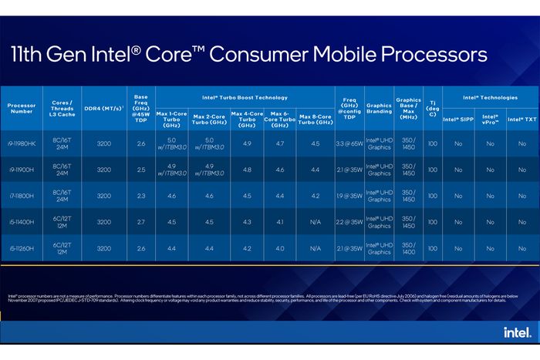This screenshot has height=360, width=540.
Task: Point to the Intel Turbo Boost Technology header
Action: coord(245,98)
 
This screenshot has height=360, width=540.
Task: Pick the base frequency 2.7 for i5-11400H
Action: coord(140,222)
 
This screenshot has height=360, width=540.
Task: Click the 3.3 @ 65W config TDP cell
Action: coord(348,143)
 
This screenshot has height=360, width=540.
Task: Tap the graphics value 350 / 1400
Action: coord(408,248)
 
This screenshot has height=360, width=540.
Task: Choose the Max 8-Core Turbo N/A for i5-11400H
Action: coord(315,222)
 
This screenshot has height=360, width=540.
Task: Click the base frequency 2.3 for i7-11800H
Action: coord(140,196)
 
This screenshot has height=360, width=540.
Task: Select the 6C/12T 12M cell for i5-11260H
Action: coord(62,248)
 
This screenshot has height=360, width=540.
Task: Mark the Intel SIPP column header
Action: coord(459,119)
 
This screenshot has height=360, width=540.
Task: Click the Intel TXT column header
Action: coord(521,119)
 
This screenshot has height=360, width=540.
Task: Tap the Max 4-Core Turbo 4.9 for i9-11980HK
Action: coord(247,143)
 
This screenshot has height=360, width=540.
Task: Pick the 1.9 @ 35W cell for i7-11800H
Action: coord(348,196)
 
